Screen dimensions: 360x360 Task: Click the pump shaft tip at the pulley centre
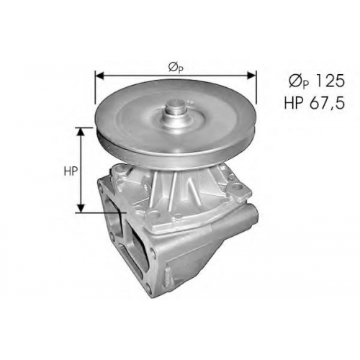coord(176,104)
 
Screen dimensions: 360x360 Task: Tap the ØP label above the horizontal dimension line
coord(176,68)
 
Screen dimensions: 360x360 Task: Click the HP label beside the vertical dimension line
coord(71,171)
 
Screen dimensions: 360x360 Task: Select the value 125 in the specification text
coord(330,81)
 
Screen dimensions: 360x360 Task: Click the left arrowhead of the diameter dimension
coord(99,76)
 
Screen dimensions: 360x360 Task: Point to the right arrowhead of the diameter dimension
coord(251,76)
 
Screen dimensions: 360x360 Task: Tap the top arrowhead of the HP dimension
coord(81,132)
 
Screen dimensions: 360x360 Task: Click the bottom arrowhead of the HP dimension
coord(81,208)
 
